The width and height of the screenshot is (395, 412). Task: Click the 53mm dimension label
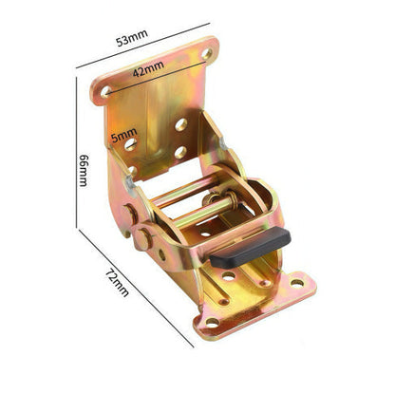coord(132,38)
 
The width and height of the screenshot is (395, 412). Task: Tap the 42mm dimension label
coord(148,69)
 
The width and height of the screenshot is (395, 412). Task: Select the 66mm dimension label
coord(84,170)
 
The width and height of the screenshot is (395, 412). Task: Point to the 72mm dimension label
coord(117,283)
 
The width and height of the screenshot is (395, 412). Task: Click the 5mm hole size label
coord(123,135)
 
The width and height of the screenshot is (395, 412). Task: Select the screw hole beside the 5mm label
coord(130,144)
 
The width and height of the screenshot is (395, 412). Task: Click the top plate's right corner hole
coord(207,54)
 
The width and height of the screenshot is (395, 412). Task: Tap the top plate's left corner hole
coord(105,91)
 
